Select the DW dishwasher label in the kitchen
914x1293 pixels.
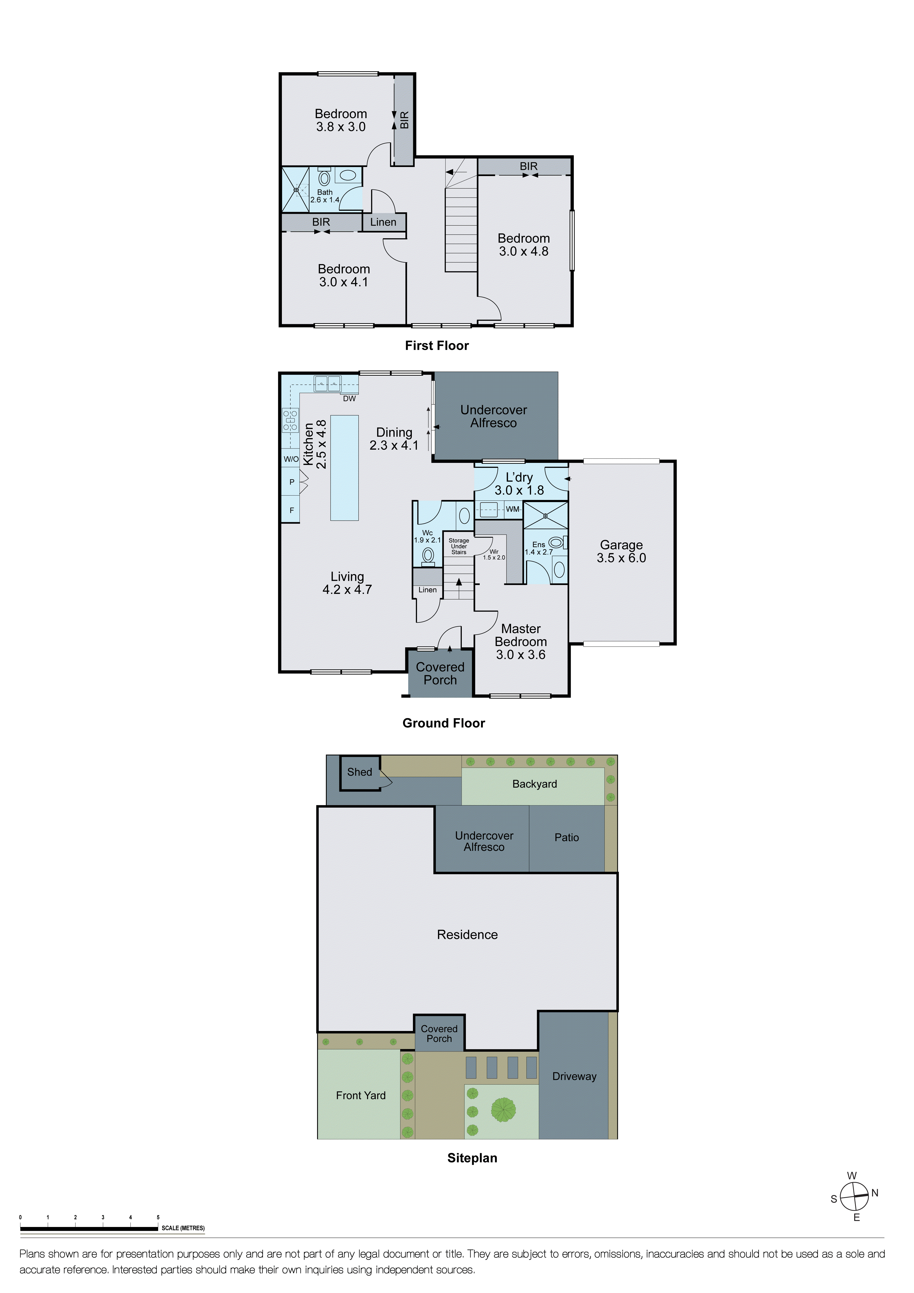[349, 399]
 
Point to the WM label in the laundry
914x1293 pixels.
[513, 509]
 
